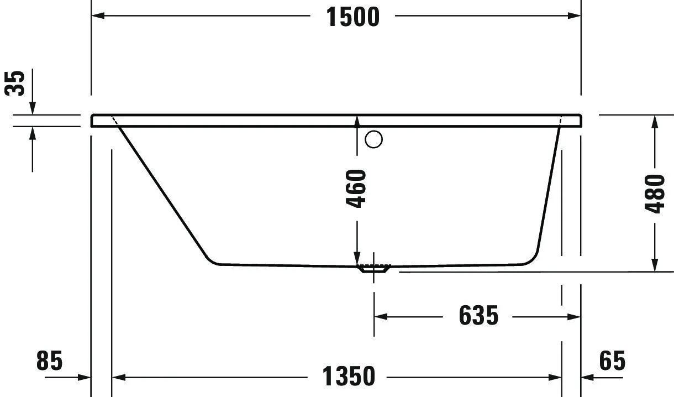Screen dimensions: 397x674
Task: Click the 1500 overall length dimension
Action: pos(352,17)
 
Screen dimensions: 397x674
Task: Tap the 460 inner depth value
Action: pos(356,189)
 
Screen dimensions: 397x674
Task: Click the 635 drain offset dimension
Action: pos(478,316)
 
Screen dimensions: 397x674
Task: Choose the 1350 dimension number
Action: pos(348,377)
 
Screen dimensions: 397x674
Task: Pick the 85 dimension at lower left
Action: pos(50,361)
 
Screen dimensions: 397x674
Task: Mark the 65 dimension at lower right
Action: pos(612,361)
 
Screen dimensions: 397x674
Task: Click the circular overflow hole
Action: pos(374,140)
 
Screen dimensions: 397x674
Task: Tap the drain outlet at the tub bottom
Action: pos(375,269)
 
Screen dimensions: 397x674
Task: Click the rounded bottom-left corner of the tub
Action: pos(212,260)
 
